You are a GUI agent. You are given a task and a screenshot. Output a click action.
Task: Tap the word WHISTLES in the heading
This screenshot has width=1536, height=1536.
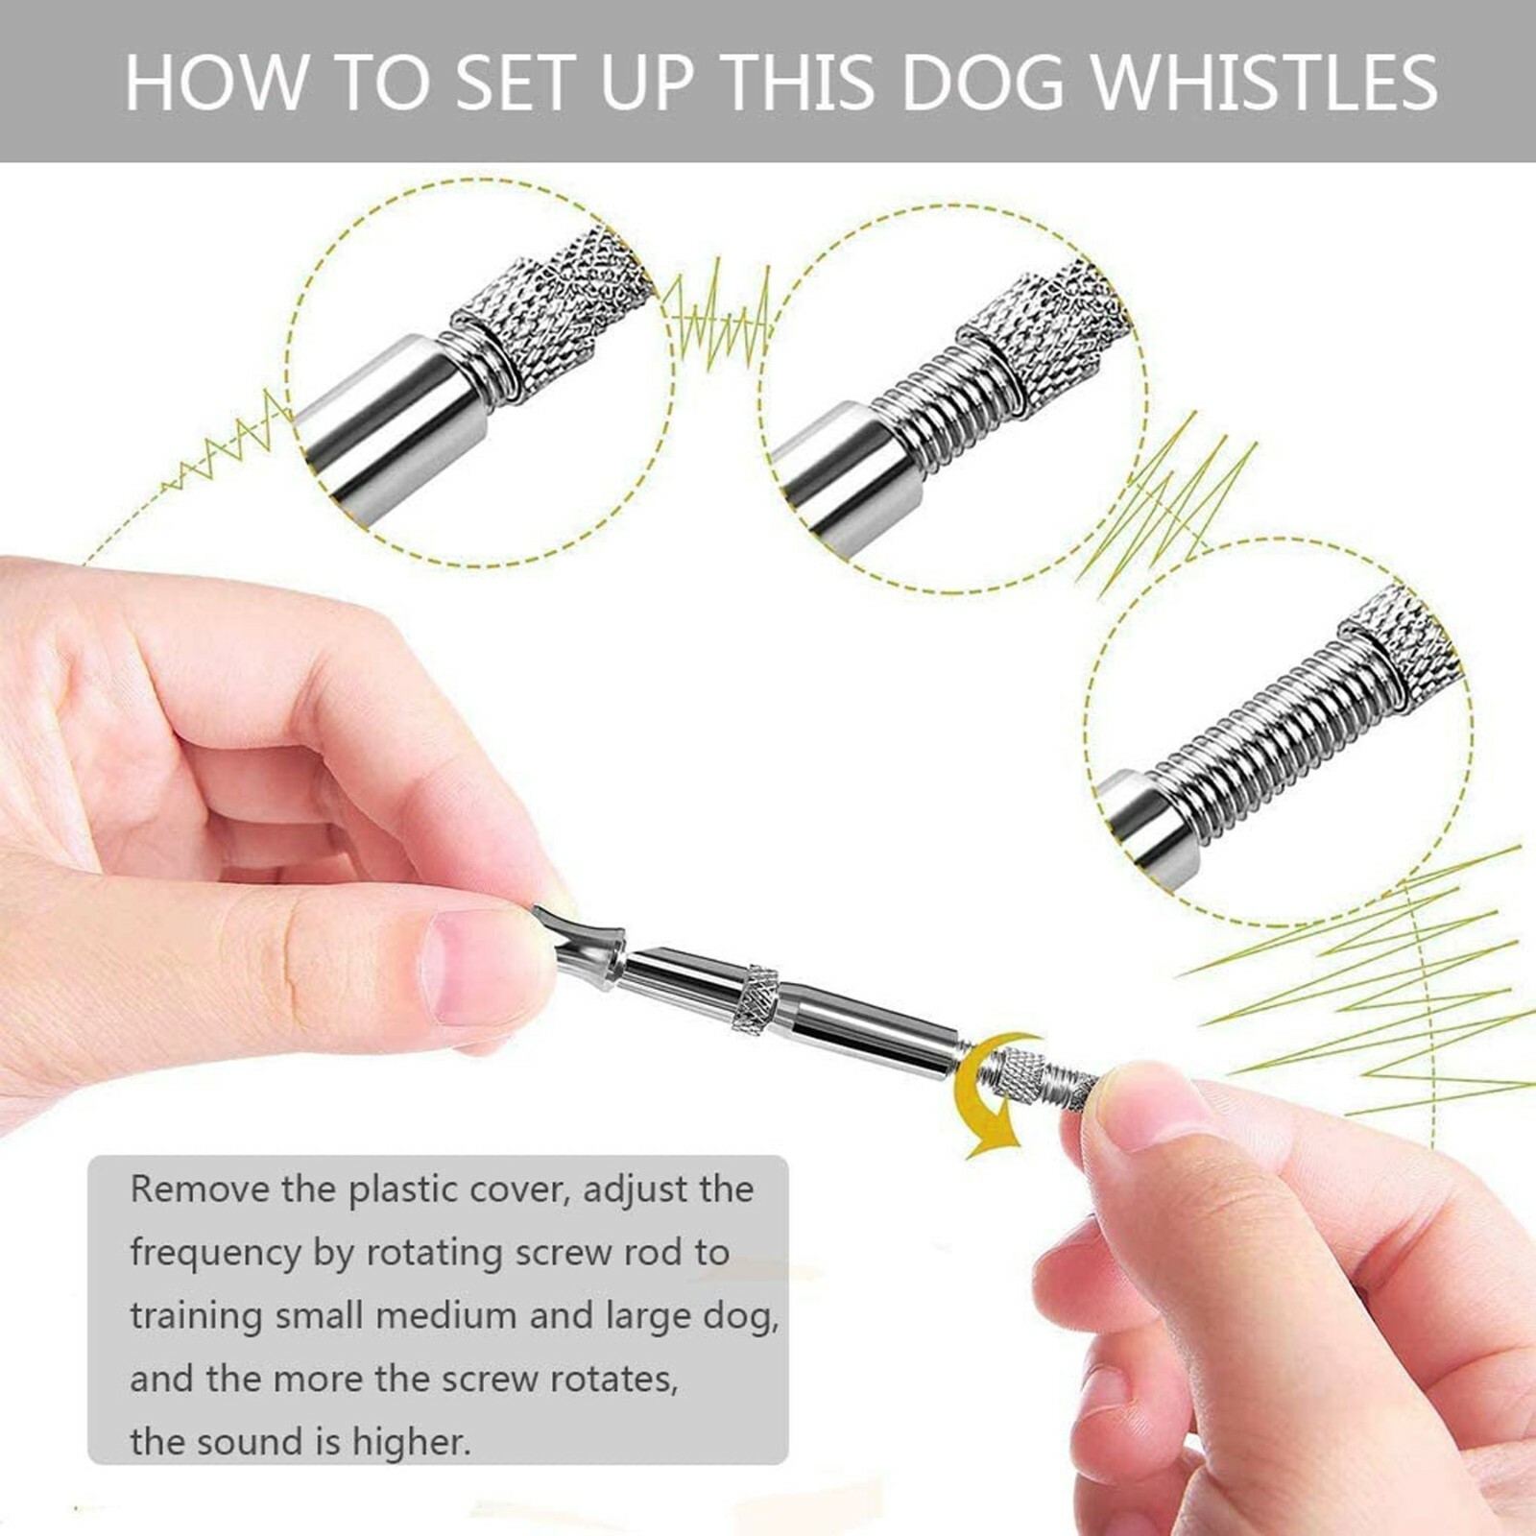pyautogui.click(x=1265, y=82)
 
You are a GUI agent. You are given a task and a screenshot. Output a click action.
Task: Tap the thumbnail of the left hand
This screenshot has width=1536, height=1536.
pyautogui.click(x=475, y=965)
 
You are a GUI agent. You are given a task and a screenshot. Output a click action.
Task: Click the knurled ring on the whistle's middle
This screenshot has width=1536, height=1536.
pyautogui.click(x=756, y=998)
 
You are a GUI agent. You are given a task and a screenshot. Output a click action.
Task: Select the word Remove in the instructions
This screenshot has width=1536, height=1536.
pyautogui.click(x=199, y=1189)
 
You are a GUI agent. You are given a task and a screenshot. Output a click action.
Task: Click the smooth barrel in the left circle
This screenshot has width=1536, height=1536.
pyautogui.click(x=384, y=422)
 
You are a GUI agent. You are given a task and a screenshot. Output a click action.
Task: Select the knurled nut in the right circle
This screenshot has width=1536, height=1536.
pyautogui.click(x=1392, y=643)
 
